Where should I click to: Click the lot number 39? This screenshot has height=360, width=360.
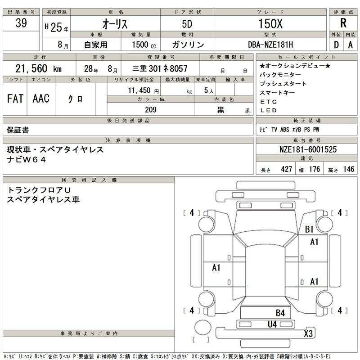pyautogui.click(x=20, y=24)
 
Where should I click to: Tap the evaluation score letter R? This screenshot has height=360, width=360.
pyautogui.click(x=343, y=24)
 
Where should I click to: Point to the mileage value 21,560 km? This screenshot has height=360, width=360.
pyautogui.click(x=38, y=68)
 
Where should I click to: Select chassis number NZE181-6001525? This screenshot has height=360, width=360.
pyautogui.click(x=306, y=149)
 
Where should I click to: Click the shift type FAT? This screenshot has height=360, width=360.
pyautogui.click(x=15, y=99)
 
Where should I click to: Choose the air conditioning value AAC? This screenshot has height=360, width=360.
pyautogui.click(x=41, y=99)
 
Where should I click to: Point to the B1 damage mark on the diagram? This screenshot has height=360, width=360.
pyautogui.click(x=309, y=229)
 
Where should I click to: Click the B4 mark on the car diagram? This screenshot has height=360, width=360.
pyautogui.click(x=280, y=313)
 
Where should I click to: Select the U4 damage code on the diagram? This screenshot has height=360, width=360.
pyautogui.click(x=272, y=324)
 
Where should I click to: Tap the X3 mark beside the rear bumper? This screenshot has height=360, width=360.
pyautogui.click(x=308, y=333)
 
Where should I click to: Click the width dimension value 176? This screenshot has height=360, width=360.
pyautogui.click(x=314, y=169)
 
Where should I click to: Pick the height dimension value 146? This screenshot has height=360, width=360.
pyautogui.click(x=348, y=169)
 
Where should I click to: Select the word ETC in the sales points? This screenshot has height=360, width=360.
pyautogui.click(x=269, y=101)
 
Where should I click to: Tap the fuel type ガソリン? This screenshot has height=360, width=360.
pyautogui.click(x=188, y=45)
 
